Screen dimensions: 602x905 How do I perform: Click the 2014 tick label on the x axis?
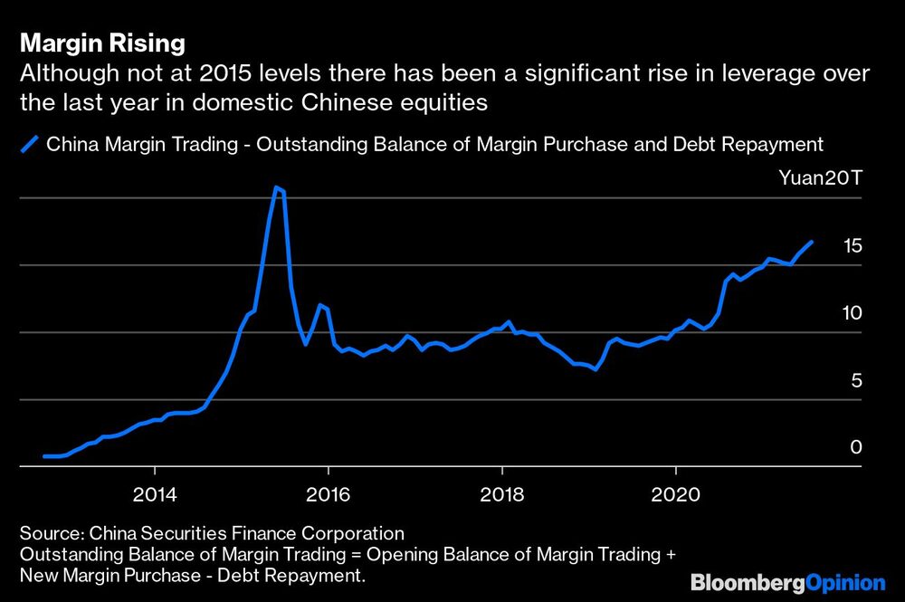point(155,496)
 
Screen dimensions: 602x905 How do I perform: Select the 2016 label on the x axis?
point(328,496)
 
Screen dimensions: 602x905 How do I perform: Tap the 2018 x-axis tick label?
point(501,496)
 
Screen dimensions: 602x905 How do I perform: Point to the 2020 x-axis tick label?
point(675,496)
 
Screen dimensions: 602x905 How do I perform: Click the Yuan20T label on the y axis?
point(821,178)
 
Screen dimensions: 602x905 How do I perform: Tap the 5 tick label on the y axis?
point(856,381)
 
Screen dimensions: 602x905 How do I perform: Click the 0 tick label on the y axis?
point(856,448)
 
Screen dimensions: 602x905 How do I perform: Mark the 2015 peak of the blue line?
point(277,187)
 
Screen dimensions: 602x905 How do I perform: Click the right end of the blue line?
point(811,242)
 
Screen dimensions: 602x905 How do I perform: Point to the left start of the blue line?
point(44,456)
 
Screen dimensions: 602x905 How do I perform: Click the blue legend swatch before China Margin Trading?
point(31,144)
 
